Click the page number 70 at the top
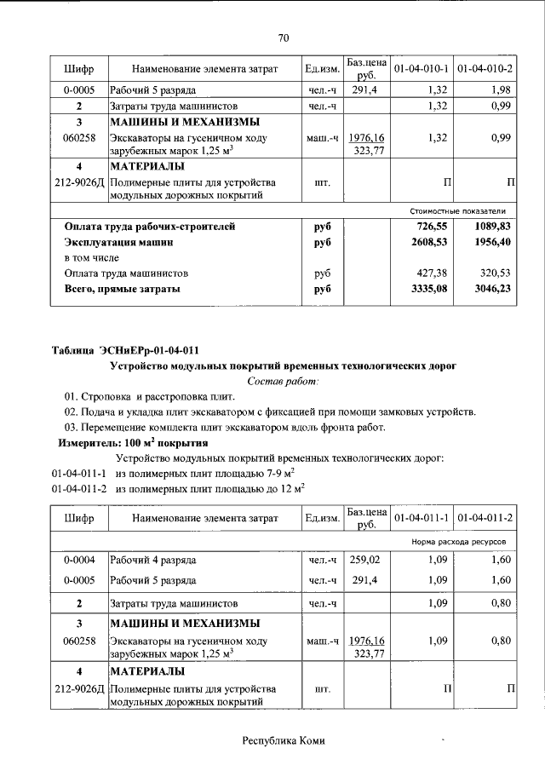tap(284, 37)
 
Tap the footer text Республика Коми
tap(284, 740)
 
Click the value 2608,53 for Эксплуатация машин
tap(426, 243)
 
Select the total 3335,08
tap(426, 290)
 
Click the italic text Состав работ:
tap(283, 382)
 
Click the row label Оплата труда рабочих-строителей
tap(150, 227)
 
